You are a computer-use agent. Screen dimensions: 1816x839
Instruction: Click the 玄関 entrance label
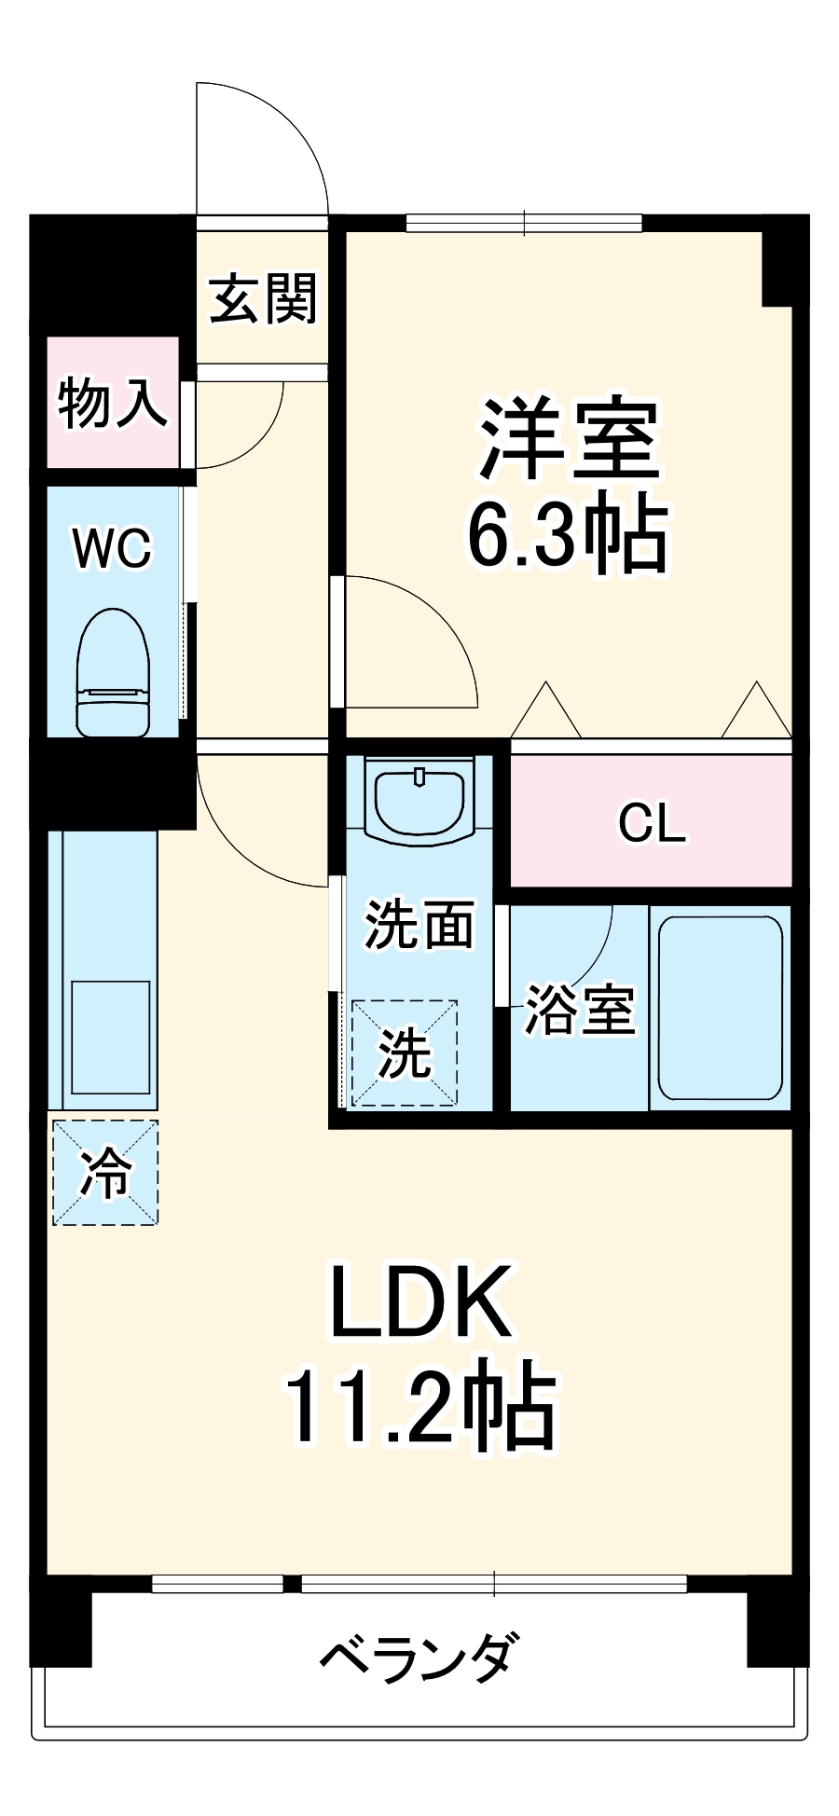[264, 298]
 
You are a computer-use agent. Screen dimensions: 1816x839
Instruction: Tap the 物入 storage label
[113, 403]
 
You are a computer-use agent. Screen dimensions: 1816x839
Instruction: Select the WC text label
[113, 548]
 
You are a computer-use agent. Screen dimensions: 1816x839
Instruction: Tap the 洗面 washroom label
[419, 925]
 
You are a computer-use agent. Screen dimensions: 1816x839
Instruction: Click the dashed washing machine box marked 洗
[405, 1053]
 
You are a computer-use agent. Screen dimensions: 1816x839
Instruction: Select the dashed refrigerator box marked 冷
[104, 1173]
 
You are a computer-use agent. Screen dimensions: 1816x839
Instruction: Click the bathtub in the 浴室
[720, 1008]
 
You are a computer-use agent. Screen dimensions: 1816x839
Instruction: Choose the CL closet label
[652, 822]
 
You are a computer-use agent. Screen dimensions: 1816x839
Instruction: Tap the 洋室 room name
[569, 438]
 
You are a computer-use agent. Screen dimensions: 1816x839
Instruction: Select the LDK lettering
[421, 1302]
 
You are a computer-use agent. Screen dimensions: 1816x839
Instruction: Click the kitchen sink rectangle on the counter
[110, 1037]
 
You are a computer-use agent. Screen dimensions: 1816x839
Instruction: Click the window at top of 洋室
[524, 224]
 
